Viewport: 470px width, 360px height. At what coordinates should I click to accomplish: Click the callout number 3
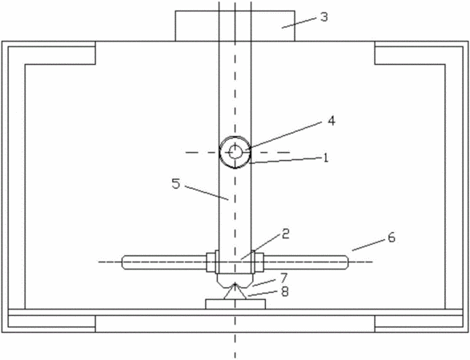click(x=324, y=17)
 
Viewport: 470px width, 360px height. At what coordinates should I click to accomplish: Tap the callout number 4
click(x=331, y=121)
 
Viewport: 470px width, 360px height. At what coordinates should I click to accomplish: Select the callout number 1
click(x=326, y=158)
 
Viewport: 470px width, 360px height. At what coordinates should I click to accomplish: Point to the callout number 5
click(x=176, y=183)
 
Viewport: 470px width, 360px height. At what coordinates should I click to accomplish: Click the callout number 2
click(x=286, y=234)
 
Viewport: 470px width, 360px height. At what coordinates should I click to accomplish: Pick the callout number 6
click(x=392, y=238)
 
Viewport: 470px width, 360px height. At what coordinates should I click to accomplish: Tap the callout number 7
click(x=284, y=278)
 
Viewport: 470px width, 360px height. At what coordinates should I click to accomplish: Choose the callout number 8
click(x=285, y=291)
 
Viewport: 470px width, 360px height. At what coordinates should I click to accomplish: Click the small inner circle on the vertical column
click(x=235, y=153)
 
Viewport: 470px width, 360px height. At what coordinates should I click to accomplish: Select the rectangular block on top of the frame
click(x=235, y=26)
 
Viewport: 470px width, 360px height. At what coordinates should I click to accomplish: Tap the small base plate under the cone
click(x=235, y=304)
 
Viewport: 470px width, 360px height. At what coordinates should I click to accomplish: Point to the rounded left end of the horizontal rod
click(x=123, y=262)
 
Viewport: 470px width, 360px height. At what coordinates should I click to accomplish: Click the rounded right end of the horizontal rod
click(x=347, y=262)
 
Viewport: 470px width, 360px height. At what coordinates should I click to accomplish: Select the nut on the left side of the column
click(x=211, y=262)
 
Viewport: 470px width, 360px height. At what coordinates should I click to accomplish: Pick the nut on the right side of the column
click(x=259, y=262)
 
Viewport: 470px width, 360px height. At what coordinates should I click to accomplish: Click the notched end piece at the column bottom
click(x=235, y=280)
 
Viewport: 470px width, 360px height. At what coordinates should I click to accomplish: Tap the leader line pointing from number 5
click(x=207, y=193)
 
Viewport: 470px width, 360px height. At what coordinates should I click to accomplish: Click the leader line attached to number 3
click(x=299, y=22)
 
